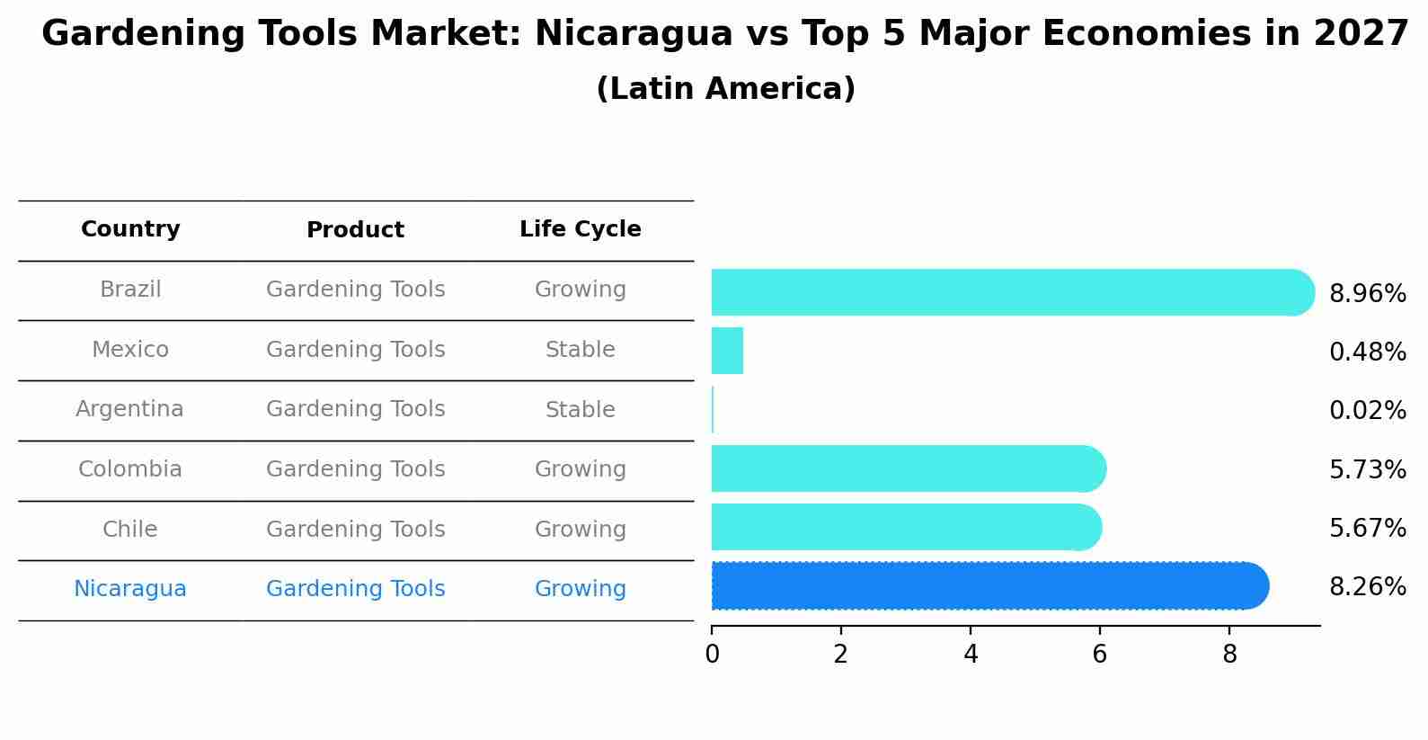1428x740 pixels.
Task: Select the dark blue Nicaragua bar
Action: pyautogui.click(x=989, y=586)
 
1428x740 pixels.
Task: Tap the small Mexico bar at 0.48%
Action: pyautogui.click(x=727, y=351)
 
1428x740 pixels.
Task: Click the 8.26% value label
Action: pyautogui.click(x=1367, y=587)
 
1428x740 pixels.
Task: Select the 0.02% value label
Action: pyautogui.click(x=1367, y=411)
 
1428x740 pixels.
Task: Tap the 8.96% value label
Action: pyautogui.click(x=1367, y=294)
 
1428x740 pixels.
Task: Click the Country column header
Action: pyautogui.click(x=130, y=229)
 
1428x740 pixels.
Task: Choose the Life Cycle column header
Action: pyautogui.click(x=580, y=229)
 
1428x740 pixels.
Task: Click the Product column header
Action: pyautogui.click(x=355, y=230)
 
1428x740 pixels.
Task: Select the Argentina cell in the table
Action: pyautogui.click(x=129, y=409)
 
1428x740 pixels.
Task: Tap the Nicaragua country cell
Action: pyautogui.click(x=129, y=589)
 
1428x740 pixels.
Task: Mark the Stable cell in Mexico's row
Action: pyautogui.click(x=580, y=350)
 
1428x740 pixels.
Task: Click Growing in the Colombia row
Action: pyautogui.click(x=580, y=469)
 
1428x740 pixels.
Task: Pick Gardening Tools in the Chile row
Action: pyautogui.click(x=355, y=530)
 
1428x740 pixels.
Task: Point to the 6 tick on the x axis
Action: pyautogui.click(x=1099, y=654)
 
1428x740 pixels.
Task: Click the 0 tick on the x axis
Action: pyautogui.click(x=712, y=654)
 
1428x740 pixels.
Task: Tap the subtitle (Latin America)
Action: pyautogui.click(x=725, y=88)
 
